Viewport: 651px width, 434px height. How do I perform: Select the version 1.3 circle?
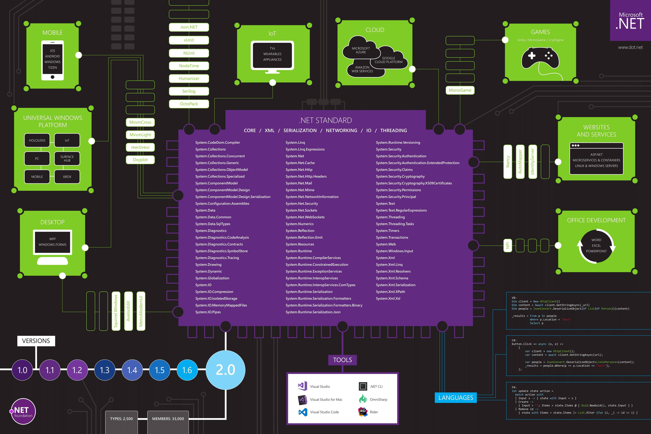105,370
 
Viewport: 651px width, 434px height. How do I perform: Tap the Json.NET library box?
189,27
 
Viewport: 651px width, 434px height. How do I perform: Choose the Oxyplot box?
140,160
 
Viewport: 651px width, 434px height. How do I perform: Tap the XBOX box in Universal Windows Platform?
67,177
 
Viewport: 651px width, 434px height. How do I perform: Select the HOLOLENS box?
37,140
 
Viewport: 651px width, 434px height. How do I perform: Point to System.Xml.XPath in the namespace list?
390,292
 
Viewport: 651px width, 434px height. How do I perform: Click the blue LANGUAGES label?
456,398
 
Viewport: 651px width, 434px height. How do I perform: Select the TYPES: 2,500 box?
121,419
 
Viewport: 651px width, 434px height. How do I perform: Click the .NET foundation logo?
23,411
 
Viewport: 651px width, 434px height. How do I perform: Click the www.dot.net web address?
630,47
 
